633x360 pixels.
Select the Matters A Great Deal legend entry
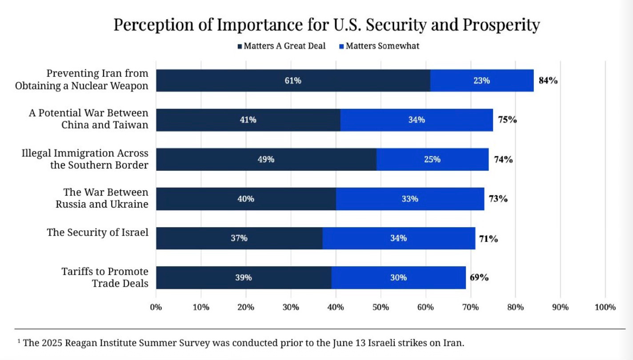pyautogui.click(x=282, y=46)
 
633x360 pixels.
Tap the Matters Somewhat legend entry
pyautogui.click(x=379, y=46)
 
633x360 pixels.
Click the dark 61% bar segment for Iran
pyautogui.click(x=293, y=80)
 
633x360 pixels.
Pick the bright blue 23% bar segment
pyautogui.click(x=481, y=80)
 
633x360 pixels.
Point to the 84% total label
pyautogui.click(x=548, y=80)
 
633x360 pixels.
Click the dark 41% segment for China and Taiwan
pyautogui.click(x=248, y=120)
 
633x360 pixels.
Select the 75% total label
pyautogui.click(x=507, y=120)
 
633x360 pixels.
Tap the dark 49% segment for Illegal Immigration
pyautogui.click(x=266, y=159)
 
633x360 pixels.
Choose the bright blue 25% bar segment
pyautogui.click(x=432, y=159)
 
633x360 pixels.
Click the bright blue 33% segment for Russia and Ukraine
pyautogui.click(x=409, y=199)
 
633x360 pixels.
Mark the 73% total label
pyautogui.click(x=498, y=199)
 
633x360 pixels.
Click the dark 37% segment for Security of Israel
pyautogui.click(x=239, y=238)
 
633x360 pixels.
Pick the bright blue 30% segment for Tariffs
pyautogui.click(x=398, y=277)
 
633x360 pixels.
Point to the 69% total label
pyautogui.click(x=479, y=277)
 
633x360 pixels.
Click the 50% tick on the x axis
pyautogui.click(x=381, y=307)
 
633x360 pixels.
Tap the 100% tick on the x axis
pyautogui.click(x=605, y=307)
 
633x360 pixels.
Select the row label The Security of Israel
pyautogui.click(x=97, y=232)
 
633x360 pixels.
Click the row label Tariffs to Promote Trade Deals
pyautogui.click(x=105, y=277)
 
